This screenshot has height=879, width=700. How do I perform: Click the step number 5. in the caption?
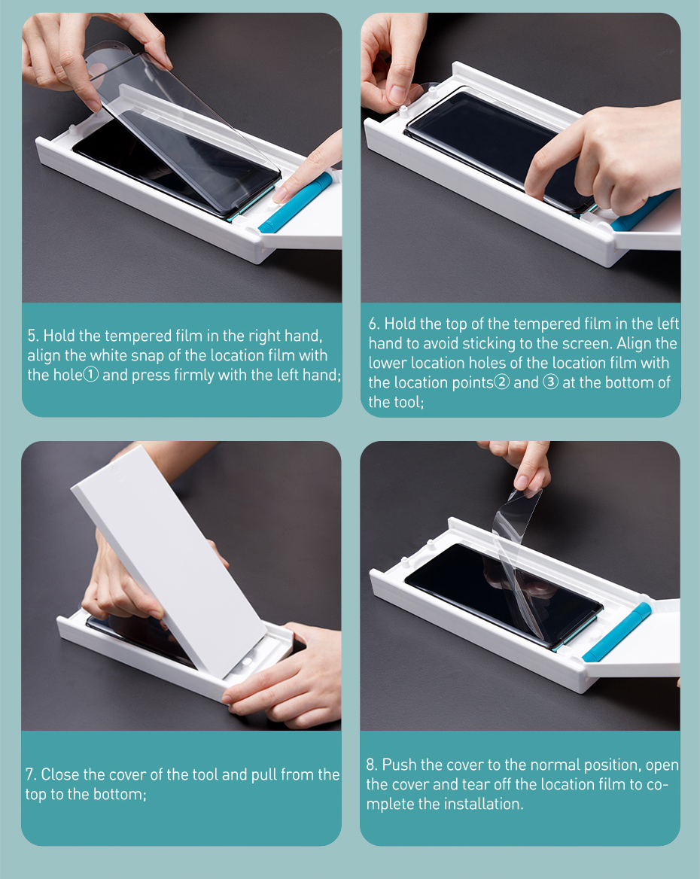coord(33,336)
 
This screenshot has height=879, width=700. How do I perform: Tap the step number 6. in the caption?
coord(374,324)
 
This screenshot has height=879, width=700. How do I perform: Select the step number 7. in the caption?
coord(31,774)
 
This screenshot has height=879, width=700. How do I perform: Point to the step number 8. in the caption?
coord(372,765)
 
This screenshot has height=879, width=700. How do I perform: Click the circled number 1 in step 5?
coord(91,375)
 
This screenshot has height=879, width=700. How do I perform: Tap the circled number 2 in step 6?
coord(502,382)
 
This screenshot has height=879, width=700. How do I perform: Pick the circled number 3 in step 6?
coord(551,382)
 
